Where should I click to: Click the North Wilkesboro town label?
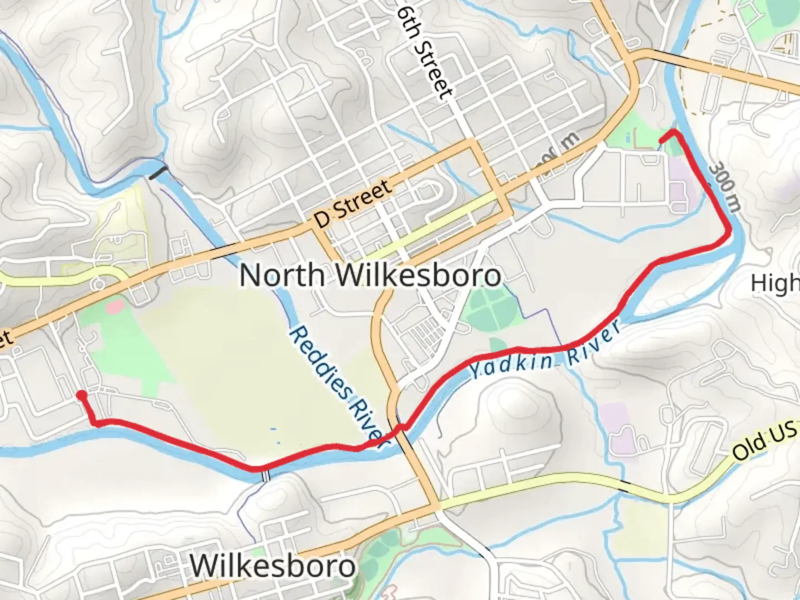(370, 275)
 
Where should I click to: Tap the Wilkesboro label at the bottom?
(272, 566)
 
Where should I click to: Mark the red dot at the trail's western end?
(82, 396)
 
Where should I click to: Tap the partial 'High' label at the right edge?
(775, 283)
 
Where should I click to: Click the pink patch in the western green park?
(114, 305)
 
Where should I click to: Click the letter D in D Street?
(321, 219)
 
